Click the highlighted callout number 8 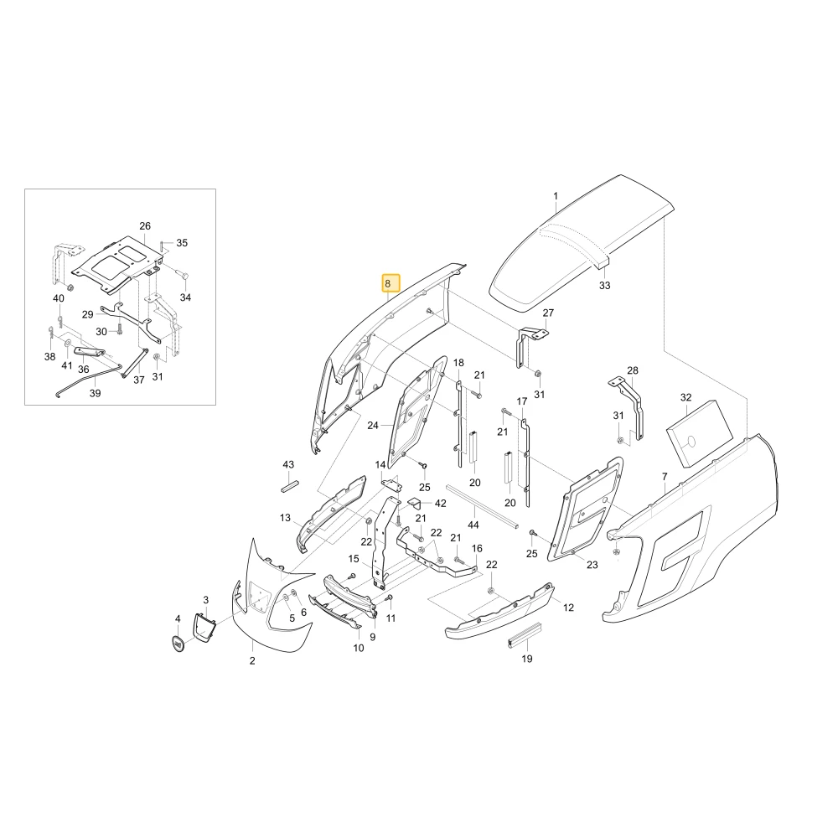click(391, 284)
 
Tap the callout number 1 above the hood click(556, 196)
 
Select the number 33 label click(604, 286)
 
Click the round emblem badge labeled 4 click(178, 644)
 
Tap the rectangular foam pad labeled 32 click(699, 433)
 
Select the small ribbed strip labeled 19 click(525, 635)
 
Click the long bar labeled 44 click(483, 506)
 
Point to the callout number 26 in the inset click(145, 226)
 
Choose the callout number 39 click(95, 393)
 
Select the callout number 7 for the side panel click(665, 476)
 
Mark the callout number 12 click(569, 608)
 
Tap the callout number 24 click(373, 426)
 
